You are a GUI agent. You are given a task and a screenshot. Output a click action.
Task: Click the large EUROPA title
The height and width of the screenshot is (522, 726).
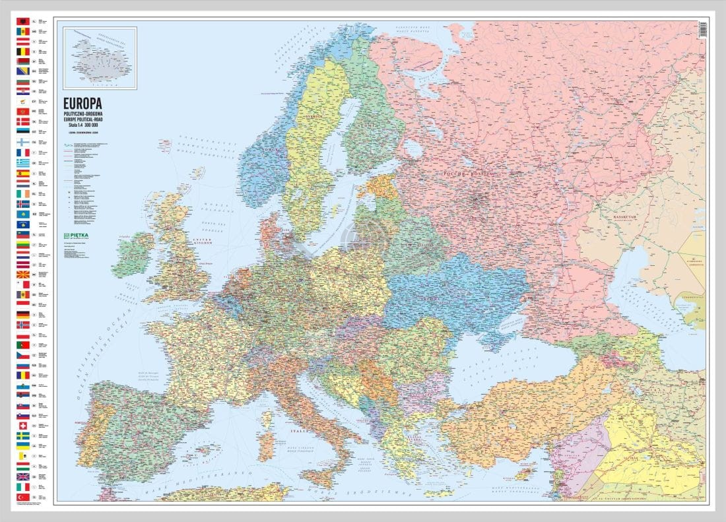(82, 103)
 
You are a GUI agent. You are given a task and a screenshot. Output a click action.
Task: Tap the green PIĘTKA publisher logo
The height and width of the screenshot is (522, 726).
(79, 236)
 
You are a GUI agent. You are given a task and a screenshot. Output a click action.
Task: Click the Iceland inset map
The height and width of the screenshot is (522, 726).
(100, 58)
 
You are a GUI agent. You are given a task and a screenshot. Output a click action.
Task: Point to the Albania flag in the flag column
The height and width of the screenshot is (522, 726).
(22, 22)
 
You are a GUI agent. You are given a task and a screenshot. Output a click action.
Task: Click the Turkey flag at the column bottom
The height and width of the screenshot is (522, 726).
(22, 496)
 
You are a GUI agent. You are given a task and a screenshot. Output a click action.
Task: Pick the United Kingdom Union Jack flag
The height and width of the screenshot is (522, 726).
(22, 476)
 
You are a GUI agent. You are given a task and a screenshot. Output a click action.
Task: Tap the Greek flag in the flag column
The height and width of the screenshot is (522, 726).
(22, 162)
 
